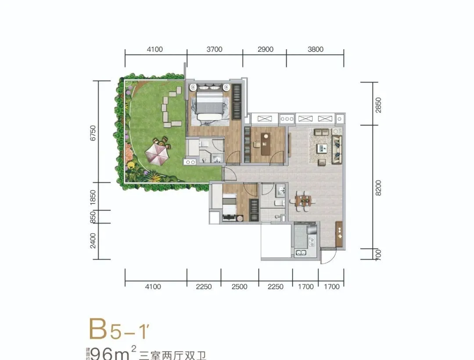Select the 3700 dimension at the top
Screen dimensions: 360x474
214,50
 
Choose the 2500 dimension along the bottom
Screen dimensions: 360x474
239,287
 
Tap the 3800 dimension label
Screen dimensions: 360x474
315,50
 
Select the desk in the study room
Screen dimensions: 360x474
266,144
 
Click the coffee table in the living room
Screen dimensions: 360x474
323,148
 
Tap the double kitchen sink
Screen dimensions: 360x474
301,253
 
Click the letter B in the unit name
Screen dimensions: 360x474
98,329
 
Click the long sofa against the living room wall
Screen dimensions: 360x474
336,146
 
